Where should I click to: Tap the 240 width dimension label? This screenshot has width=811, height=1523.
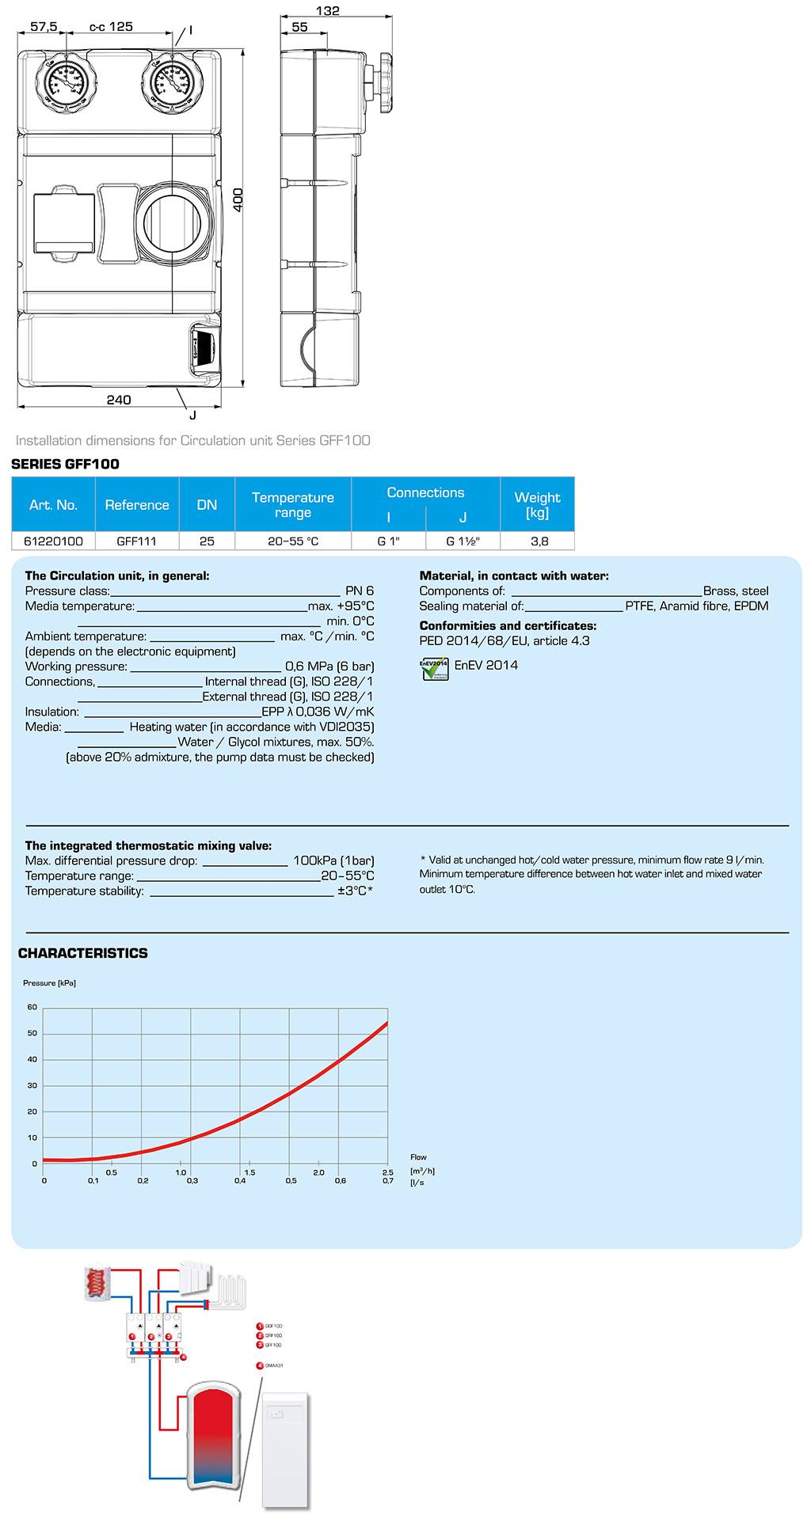pos(119,400)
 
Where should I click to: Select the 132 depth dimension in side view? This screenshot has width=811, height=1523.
pos(327,10)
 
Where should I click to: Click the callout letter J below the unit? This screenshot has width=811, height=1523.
pos(192,415)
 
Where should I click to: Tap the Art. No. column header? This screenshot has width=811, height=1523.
pos(53,504)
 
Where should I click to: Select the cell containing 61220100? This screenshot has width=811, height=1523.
pos(53,541)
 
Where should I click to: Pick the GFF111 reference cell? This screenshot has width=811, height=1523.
pos(136,541)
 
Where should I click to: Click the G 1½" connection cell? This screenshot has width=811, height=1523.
pos(463,541)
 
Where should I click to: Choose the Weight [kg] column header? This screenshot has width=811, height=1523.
pos(537,504)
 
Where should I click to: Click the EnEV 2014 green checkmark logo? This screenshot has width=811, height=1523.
pos(435,668)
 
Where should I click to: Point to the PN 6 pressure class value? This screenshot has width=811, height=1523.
pos(360,591)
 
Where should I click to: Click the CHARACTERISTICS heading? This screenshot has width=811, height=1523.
pos(83,953)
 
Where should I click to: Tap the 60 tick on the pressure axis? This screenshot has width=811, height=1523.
pos(32,1007)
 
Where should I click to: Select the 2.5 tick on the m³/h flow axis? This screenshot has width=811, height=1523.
pos(387,1172)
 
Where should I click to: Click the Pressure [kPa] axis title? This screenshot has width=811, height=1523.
pos(49,983)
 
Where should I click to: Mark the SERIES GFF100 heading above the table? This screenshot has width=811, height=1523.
pos(65,464)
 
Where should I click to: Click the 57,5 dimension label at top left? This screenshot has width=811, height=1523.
pos(44,26)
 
